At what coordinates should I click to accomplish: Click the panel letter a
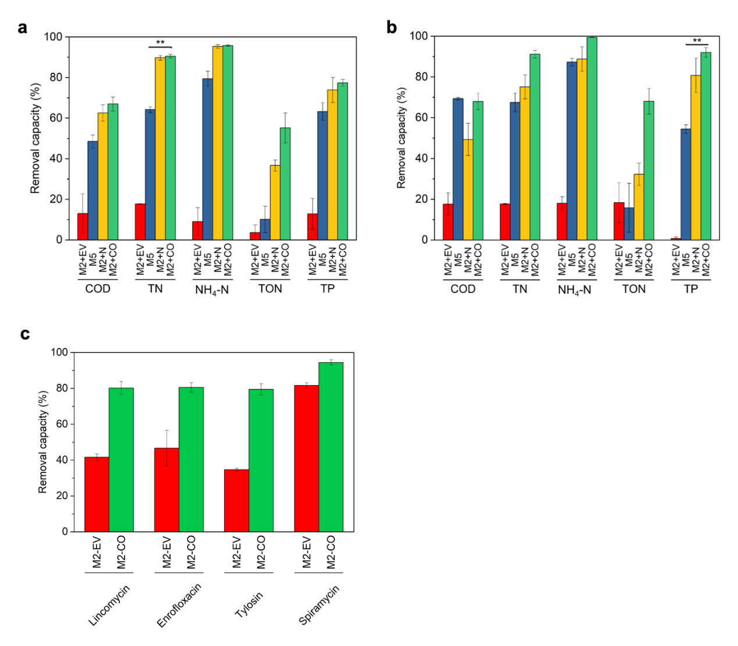(x=23, y=28)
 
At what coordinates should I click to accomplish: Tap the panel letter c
(x=24, y=334)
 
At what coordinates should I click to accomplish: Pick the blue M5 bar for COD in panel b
(x=458, y=169)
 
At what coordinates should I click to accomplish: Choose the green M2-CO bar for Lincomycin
(x=121, y=460)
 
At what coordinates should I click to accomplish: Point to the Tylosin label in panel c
(x=250, y=605)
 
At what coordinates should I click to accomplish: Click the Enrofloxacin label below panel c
(x=179, y=605)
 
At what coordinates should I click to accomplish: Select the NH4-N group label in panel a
(x=212, y=290)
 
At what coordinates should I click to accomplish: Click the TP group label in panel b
(x=691, y=289)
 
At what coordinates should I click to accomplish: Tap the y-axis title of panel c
(x=42, y=442)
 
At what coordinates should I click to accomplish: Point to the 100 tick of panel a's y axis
(x=53, y=37)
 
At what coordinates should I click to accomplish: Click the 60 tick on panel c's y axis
(x=61, y=424)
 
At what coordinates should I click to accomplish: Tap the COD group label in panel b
(x=463, y=289)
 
